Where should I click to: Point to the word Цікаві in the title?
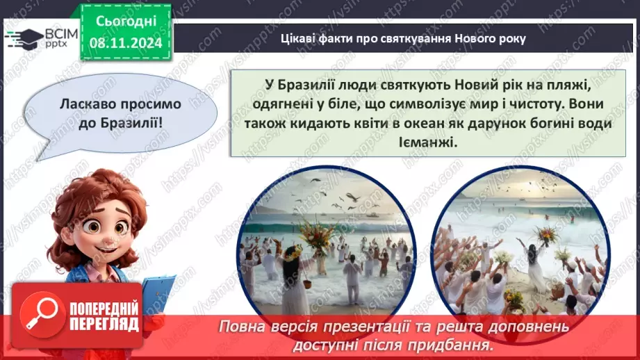tap(297, 39)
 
